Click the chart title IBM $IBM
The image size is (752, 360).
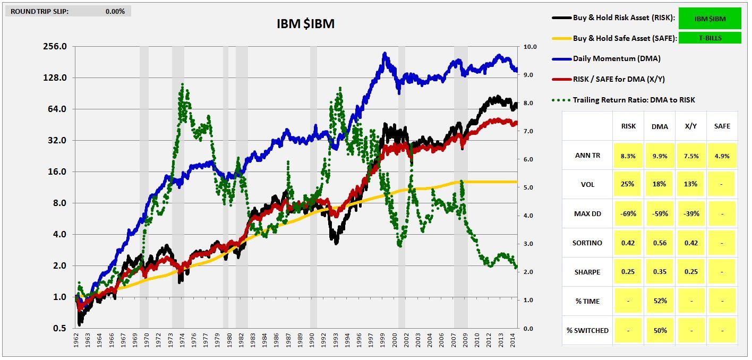click(x=305, y=24)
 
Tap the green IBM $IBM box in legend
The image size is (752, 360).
click(x=709, y=19)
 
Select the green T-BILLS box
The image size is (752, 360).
click(x=709, y=38)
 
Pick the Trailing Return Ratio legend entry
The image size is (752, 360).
click(x=634, y=100)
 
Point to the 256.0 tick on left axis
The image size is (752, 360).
click(x=55, y=46)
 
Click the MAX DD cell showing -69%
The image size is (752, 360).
click(x=628, y=213)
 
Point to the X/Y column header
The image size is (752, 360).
click(x=691, y=126)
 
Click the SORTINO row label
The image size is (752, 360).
click(x=587, y=243)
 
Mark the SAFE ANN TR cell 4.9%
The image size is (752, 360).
click(x=722, y=156)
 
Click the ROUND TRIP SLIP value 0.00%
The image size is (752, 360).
click(x=115, y=11)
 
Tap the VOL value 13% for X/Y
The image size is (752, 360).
click(x=691, y=184)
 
